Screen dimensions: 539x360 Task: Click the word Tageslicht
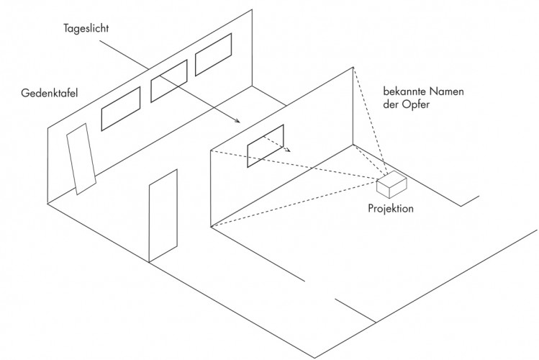pos(86,28)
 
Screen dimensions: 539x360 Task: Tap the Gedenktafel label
pos(50,93)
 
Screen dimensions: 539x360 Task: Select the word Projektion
pos(391,208)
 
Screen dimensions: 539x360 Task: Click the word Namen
pos(445,91)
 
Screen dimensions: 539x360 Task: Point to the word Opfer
pos(416,104)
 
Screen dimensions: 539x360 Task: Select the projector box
pos(391,184)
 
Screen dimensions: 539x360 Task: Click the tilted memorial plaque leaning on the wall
pos(81,159)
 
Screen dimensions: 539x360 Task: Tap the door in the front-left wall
pos(163,216)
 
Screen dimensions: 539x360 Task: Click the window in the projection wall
pos(266,146)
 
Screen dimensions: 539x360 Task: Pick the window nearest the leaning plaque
pos(121,109)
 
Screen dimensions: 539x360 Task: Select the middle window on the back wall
pos(169,81)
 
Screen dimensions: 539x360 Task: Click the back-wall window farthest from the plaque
pos(213,54)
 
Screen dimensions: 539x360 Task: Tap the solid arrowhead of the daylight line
pos(237,120)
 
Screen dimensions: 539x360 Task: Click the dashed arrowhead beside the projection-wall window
pos(288,149)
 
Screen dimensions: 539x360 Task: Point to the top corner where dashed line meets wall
pos(353,68)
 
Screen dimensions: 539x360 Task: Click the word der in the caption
pos(391,104)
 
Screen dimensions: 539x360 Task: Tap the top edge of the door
pos(163,177)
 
